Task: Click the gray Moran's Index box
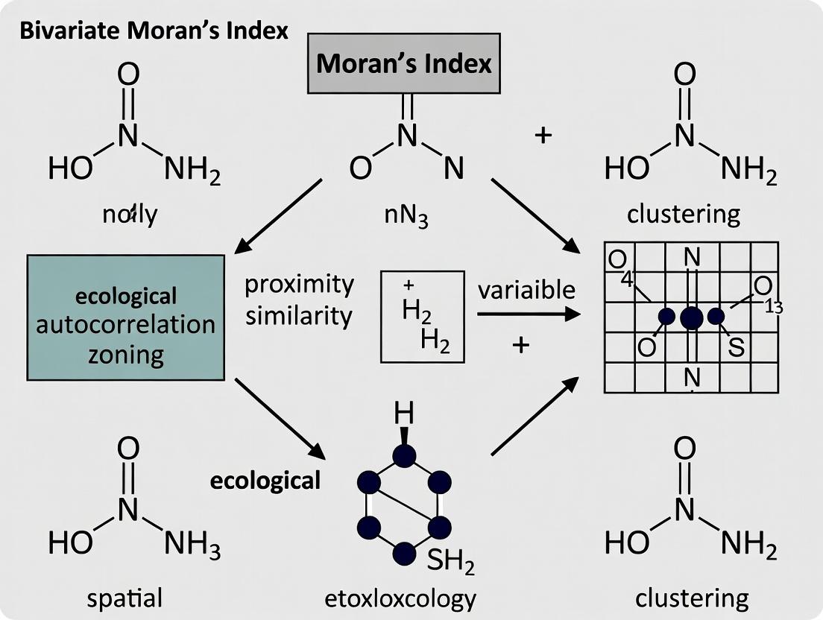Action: tap(404, 64)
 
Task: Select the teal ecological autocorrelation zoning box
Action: tap(125, 317)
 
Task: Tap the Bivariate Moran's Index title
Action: tap(152, 34)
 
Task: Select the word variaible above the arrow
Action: tap(526, 288)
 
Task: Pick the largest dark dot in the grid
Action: tap(691, 317)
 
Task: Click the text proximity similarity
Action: tap(299, 300)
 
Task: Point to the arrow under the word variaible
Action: tap(528, 314)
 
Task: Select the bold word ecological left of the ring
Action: tap(265, 481)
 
